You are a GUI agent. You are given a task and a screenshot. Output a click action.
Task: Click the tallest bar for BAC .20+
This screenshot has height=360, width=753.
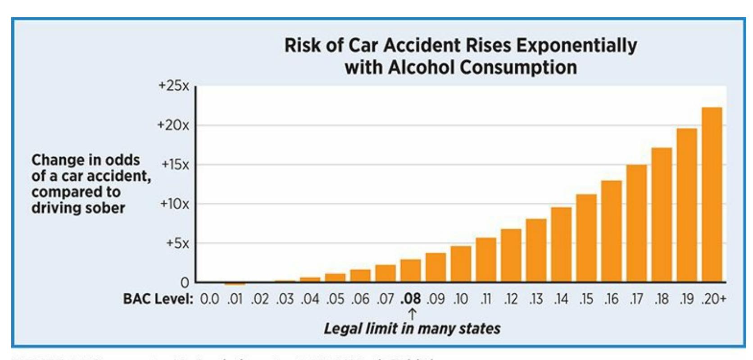(712, 195)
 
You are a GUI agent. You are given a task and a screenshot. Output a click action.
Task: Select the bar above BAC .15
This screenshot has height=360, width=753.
(586, 238)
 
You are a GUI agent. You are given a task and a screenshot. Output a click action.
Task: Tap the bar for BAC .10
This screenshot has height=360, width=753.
(461, 264)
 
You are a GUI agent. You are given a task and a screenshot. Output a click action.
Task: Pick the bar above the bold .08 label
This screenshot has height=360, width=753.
(410, 271)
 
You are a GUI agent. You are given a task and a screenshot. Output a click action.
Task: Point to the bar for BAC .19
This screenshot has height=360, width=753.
(687, 205)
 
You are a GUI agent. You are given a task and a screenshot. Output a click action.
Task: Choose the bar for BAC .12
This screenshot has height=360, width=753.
(511, 255)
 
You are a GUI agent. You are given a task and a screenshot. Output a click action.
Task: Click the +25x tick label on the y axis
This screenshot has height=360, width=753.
(174, 86)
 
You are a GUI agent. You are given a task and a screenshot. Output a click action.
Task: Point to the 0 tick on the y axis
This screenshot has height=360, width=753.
(185, 283)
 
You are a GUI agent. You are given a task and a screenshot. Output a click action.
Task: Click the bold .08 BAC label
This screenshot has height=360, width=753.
(410, 299)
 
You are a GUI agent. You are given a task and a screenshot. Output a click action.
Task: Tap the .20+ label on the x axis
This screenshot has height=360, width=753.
(713, 299)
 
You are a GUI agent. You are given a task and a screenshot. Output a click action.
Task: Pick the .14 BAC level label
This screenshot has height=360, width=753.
(561, 299)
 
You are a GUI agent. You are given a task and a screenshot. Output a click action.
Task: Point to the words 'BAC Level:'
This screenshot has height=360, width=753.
(158, 299)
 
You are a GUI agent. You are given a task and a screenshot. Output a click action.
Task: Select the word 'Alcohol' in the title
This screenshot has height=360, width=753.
(422, 68)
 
